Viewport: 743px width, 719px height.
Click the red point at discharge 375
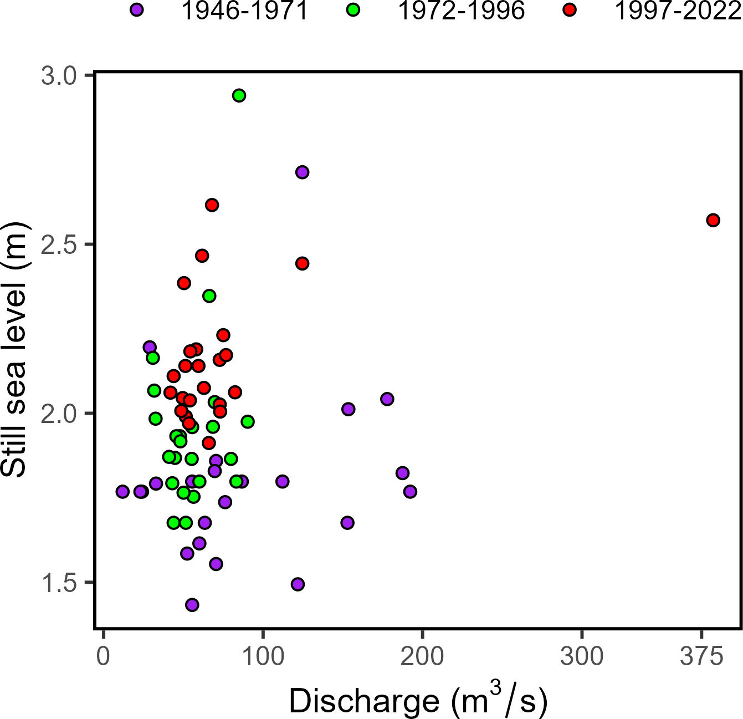pyautogui.click(x=713, y=220)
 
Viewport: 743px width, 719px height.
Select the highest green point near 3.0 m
pyautogui.click(x=239, y=95)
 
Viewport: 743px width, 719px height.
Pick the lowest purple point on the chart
pyautogui.click(x=192, y=605)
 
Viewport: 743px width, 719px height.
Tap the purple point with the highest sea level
pyautogui.click(x=302, y=172)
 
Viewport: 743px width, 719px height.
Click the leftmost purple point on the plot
pyautogui.click(x=122, y=492)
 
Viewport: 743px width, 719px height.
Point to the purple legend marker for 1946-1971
pyautogui.click(x=137, y=10)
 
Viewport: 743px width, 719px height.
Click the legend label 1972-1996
pyautogui.click(x=462, y=11)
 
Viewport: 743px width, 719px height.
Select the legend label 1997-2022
pyautogui.click(x=678, y=11)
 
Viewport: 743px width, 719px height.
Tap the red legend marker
pyautogui.click(x=569, y=10)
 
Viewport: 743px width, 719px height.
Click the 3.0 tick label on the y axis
pyautogui.click(x=58, y=76)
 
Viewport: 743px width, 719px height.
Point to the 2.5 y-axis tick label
pyautogui.click(x=58, y=245)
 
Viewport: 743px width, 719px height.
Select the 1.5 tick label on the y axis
pyautogui.click(x=58, y=583)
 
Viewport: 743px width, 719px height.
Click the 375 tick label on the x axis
pyautogui.click(x=702, y=657)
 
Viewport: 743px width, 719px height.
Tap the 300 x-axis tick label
pyautogui.click(x=582, y=657)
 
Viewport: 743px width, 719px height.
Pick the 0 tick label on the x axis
pyautogui.click(x=104, y=657)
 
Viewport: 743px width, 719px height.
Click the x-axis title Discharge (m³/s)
pyautogui.click(x=418, y=701)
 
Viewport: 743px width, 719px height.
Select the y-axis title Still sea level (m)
pyautogui.click(x=14, y=349)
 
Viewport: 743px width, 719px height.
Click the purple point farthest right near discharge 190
pyautogui.click(x=410, y=492)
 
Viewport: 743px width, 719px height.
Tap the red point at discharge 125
pyautogui.click(x=302, y=263)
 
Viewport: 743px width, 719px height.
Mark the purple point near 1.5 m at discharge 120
pyautogui.click(x=298, y=584)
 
